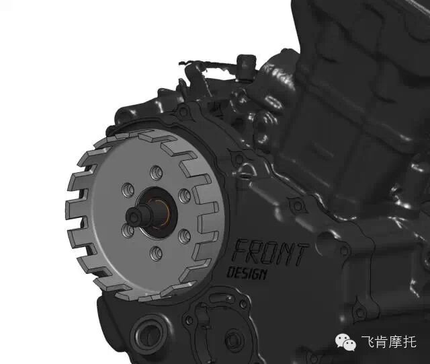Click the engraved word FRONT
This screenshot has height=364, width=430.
(x=271, y=253)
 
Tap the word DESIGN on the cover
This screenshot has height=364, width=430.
(x=247, y=274)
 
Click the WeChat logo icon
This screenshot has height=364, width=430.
(x=345, y=342)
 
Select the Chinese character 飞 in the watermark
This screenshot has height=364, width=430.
(x=368, y=342)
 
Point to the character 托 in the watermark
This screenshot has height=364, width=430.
(x=410, y=342)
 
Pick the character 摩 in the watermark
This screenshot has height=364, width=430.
(x=396, y=342)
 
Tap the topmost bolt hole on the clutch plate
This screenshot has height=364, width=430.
(x=157, y=173)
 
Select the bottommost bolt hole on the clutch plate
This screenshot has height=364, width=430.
(x=157, y=253)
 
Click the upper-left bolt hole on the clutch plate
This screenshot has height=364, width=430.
(x=128, y=190)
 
